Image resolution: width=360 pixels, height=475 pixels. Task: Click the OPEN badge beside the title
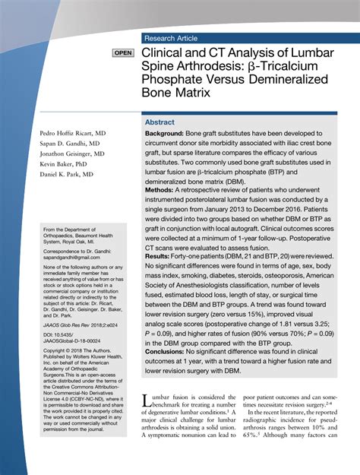(123, 53)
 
